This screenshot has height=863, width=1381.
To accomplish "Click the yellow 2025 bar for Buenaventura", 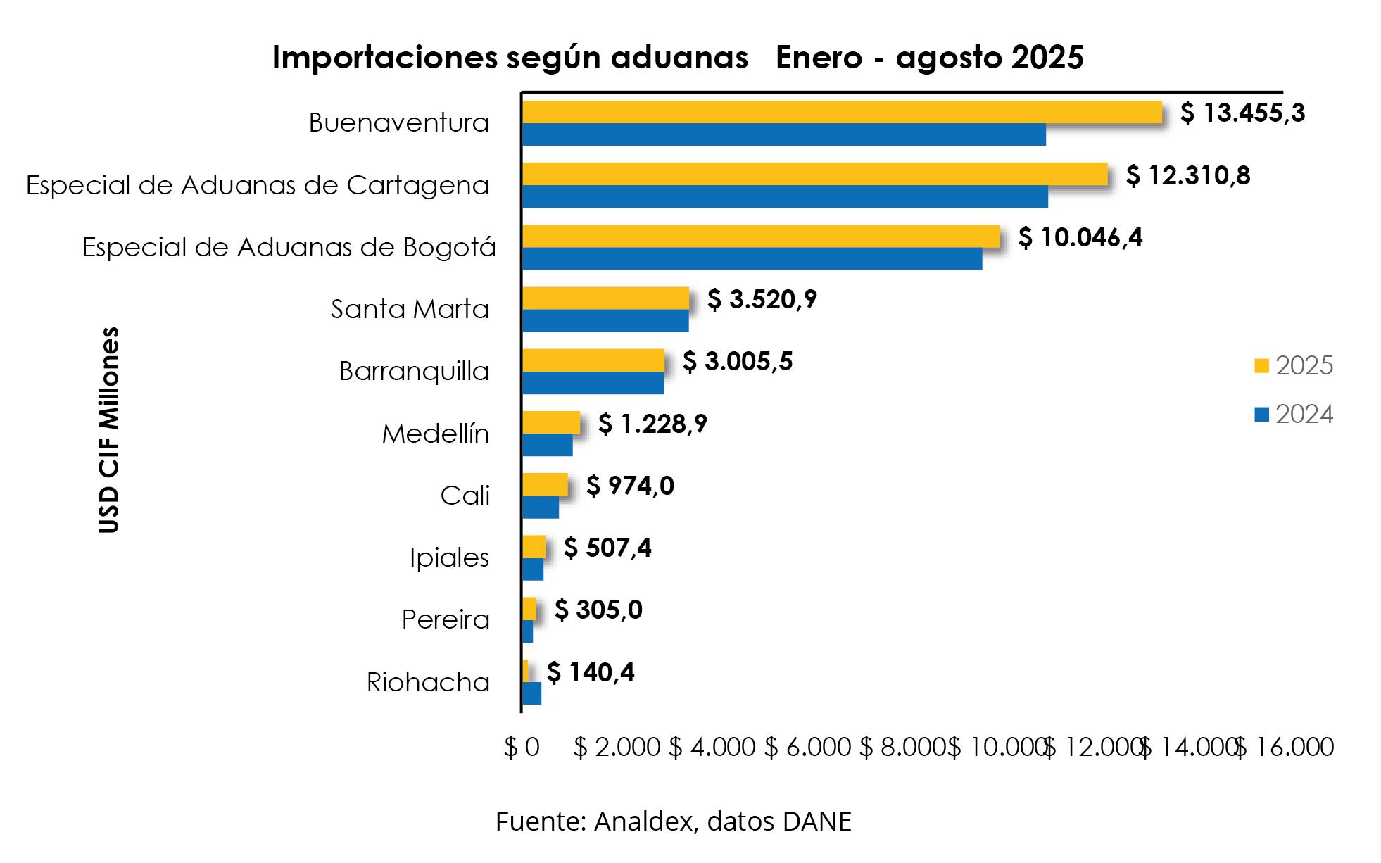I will [841, 112].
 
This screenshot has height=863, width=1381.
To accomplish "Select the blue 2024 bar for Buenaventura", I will [783, 134].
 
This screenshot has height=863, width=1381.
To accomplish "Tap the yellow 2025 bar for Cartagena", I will [814, 174].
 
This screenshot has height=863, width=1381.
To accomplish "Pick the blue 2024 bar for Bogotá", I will [752, 258].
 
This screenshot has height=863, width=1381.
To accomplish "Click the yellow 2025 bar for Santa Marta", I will [605, 298].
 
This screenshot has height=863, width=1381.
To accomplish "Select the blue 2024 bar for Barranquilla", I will [593, 383].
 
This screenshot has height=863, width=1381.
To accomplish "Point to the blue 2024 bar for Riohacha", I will [531, 693].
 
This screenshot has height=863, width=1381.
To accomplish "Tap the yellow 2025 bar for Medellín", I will [551, 422].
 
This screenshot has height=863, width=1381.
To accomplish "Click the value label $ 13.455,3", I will [1242, 113].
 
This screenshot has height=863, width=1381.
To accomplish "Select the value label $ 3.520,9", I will [762, 299].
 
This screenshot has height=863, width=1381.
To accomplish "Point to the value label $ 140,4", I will [591, 672].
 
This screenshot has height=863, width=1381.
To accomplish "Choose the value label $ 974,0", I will [630, 486].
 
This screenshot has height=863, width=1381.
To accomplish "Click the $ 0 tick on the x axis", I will [522, 748].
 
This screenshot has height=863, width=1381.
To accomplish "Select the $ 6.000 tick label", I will [807, 748].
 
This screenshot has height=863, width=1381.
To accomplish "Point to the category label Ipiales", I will [449, 558].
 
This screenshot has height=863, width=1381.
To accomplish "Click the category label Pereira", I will [446, 620].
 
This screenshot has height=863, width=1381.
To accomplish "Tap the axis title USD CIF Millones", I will [109, 430].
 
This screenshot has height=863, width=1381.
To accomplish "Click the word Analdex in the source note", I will [643, 821].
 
